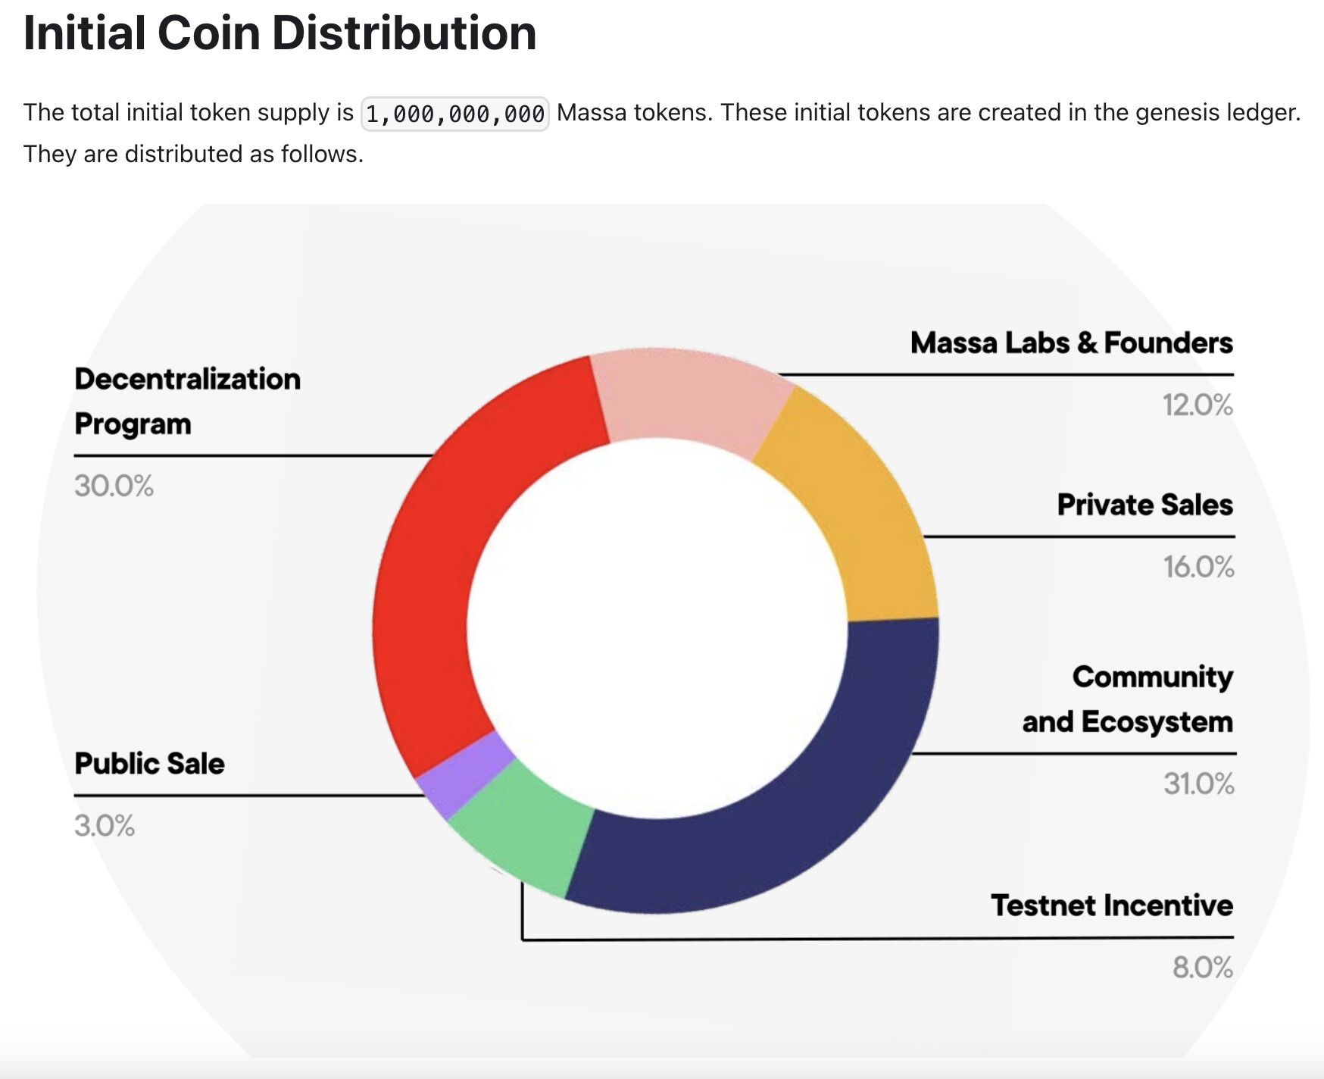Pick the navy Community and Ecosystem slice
pos(788,818)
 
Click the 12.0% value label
pos(1198,405)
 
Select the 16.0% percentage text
pos(1199,567)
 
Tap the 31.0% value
pos(1199,783)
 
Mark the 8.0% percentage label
pos(1203,968)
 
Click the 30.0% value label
pos(114,486)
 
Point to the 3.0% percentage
pos(105,825)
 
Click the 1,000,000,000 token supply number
pos(455,114)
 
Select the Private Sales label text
pos(1145,505)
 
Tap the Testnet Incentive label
pos(1112,905)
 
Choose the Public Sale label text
pos(149,763)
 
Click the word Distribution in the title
pos(404,33)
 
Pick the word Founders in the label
pos(1169,342)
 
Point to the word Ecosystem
pos(1157,722)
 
